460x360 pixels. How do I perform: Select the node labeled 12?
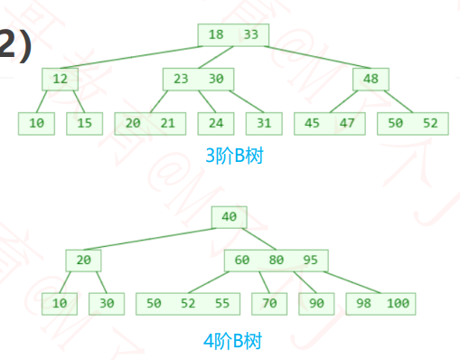coord(60,79)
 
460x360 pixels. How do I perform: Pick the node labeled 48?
coord(371,79)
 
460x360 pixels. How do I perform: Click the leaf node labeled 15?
coord(84,122)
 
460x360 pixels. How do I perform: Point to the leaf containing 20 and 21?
coord(150,122)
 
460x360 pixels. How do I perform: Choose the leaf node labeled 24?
coord(215,122)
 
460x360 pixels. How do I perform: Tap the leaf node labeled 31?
coord(263,122)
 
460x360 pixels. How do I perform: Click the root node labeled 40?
coord(229,217)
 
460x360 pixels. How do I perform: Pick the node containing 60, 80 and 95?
coord(276,261)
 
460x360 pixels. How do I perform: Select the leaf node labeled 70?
coord(269,303)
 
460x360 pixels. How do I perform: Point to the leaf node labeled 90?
coord(316,303)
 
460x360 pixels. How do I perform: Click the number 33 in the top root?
coord(250,35)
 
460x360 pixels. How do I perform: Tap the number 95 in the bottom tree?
coord(309,261)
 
